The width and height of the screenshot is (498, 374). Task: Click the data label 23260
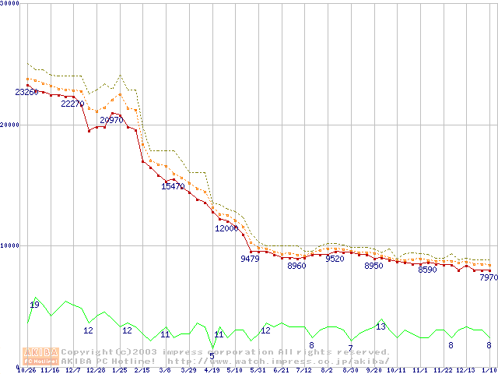point(26,92)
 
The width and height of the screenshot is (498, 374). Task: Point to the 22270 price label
point(72,104)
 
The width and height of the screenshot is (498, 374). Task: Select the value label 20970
point(111,120)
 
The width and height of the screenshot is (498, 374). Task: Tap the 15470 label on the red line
point(173,186)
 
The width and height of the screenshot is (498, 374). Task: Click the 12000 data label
point(226,228)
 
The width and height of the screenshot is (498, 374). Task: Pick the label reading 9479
point(250,259)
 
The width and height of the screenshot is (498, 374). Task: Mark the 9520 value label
point(335,259)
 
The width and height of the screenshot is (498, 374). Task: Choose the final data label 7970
point(489,277)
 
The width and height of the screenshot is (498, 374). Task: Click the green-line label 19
point(34,305)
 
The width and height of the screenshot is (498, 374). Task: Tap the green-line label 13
point(381,326)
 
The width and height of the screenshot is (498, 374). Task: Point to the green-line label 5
point(212,356)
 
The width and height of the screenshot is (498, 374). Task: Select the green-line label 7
point(350,348)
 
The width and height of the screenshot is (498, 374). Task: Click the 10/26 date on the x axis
point(26,370)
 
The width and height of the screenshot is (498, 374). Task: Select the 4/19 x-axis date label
point(211,370)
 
